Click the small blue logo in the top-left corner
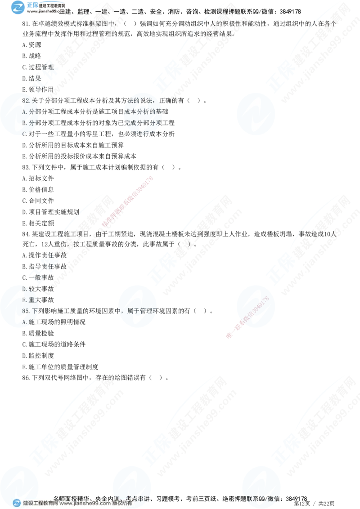tap(18, 8)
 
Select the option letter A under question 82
tap(24, 111)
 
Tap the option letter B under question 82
tap(24, 122)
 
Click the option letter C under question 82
tap(24, 134)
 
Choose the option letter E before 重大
tap(24, 299)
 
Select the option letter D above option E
tap(24, 288)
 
